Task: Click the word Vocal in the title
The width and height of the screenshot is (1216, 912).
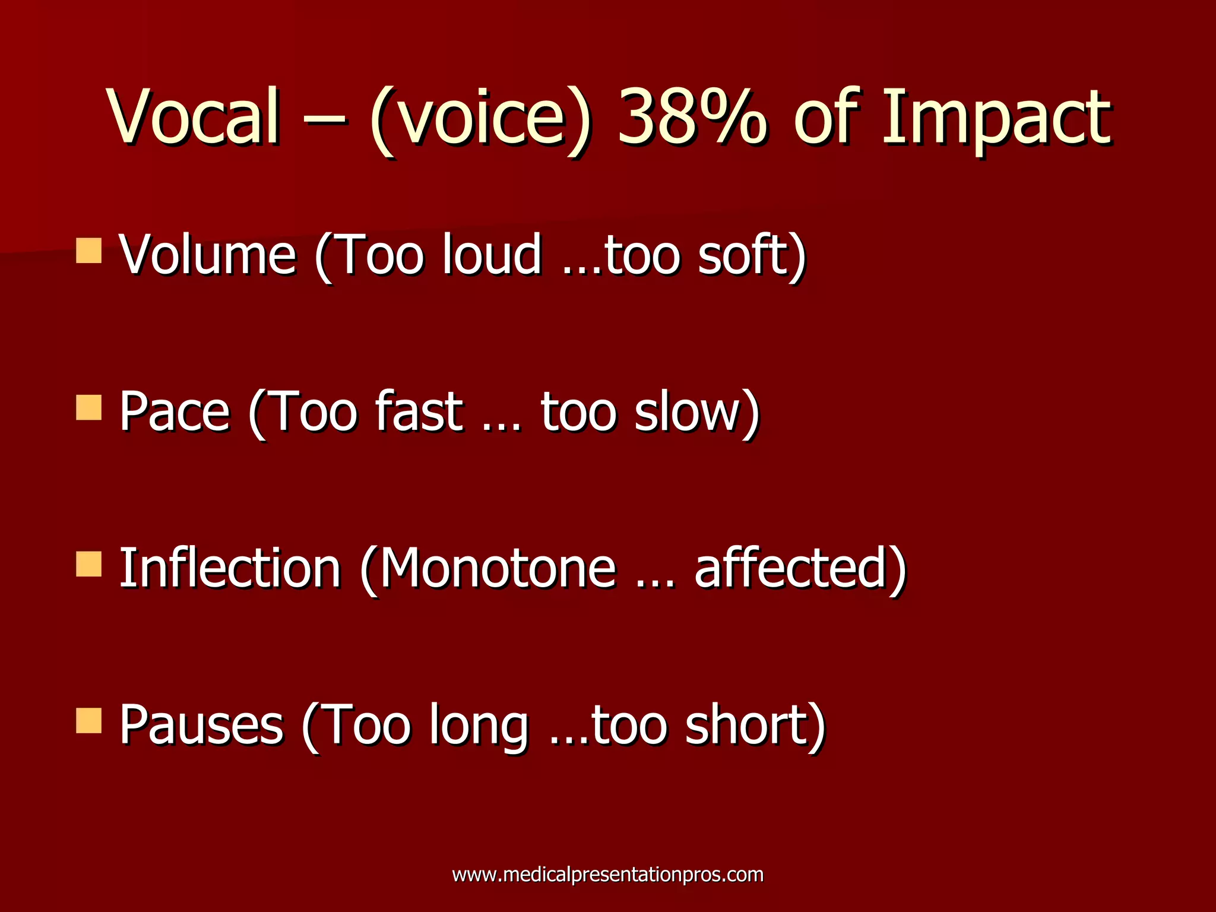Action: click(x=194, y=116)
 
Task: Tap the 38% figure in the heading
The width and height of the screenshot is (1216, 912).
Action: click(x=692, y=116)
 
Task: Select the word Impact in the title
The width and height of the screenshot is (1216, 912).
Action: click(x=996, y=116)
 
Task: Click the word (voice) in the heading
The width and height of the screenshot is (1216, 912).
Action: click(x=481, y=119)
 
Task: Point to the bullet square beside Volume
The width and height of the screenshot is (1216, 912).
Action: click(x=89, y=250)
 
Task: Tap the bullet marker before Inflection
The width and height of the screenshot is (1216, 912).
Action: click(x=89, y=564)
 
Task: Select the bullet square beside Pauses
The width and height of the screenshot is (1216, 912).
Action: click(x=89, y=720)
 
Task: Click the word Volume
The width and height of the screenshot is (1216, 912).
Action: click(x=208, y=255)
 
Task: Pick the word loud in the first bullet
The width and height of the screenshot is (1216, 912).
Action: click(x=492, y=255)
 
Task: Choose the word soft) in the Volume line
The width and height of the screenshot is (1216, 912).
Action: click(x=752, y=255)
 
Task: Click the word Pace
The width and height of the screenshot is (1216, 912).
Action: click(x=175, y=412)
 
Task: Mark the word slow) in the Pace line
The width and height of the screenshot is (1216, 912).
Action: click(x=697, y=412)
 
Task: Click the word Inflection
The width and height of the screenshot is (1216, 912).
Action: click(x=230, y=569)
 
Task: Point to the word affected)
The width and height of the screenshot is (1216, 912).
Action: click(x=801, y=569)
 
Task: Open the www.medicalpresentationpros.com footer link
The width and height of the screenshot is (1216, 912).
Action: click(x=607, y=875)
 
